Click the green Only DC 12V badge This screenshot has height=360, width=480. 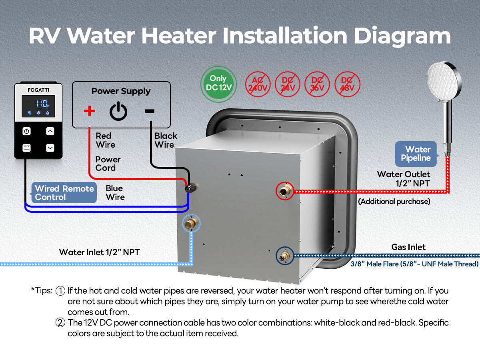pyautogui.click(x=218, y=84)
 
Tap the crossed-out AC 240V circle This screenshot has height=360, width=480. pyautogui.click(x=258, y=84)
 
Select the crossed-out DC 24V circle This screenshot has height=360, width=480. pyautogui.click(x=288, y=84)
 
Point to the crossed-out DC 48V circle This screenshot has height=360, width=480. pyautogui.click(x=347, y=84)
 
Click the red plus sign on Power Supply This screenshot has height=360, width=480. pyautogui.click(x=90, y=111)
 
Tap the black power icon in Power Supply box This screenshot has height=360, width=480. pyautogui.click(x=118, y=111)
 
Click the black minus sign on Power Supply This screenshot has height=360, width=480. pyautogui.click(x=150, y=111)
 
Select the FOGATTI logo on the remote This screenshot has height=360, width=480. pyautogui.click(x=38, y=90)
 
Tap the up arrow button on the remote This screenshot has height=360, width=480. pyautogui.click(x=50, y=131)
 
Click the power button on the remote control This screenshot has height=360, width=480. pyautogui.click(x=26, y=131)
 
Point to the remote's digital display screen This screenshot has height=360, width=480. pyautogui.click(x=38, y=106)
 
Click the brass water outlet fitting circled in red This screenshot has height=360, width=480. pyautogui.click(x=285, y=191)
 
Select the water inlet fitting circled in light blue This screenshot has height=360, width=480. pyautogui.click(x=191, y=223)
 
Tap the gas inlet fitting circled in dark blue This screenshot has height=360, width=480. pyautogui.click(x=285, y=256)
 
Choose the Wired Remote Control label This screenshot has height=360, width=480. pyautogui.click(x=64, y=193)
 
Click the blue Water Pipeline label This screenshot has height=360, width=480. pyautogui.click(x=416, y=154)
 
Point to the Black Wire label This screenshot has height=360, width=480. pyautogui.click(x=166, y=140)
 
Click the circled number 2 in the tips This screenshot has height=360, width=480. pyautogui.click(x=60, y=323)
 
